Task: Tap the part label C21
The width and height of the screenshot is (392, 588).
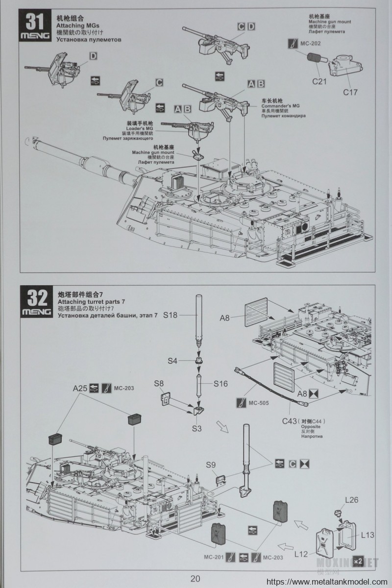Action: pos(319,81)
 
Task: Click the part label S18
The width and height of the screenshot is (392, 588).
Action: pos(170,315)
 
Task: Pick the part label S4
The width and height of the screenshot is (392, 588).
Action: pos(172,361)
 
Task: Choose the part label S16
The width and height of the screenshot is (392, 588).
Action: pos(220,384)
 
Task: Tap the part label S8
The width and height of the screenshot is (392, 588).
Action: pos(159,383)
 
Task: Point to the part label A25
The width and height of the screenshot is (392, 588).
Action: pos(80,389)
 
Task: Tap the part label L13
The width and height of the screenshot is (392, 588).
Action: pos(367,535)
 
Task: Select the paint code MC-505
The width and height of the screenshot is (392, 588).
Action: pos(261,403)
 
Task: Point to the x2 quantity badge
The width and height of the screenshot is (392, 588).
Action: pos(358,560)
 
